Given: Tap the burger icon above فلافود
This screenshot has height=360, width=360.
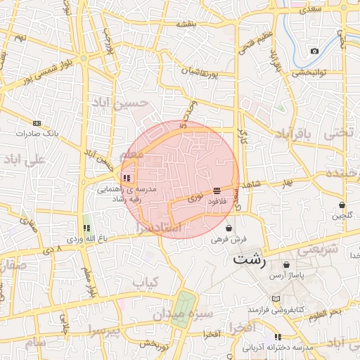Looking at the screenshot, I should pos(216,191).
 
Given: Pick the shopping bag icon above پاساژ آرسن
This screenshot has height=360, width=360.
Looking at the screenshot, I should pos(286,265).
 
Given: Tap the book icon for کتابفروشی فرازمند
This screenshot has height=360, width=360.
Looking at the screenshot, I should pos(285,298).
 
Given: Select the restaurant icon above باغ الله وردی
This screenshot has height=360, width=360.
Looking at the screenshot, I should pos(86,228).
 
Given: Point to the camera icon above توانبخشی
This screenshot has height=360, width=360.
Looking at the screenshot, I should pos(314,51).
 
